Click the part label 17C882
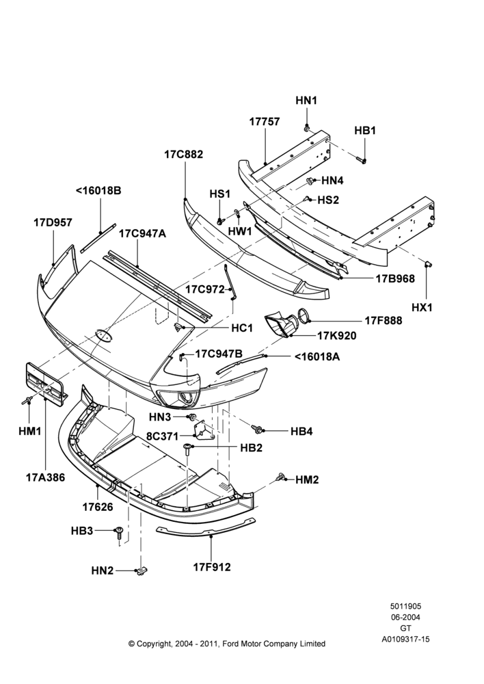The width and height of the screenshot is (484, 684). tap(184, 155)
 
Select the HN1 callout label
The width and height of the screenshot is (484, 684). tap(306, 101)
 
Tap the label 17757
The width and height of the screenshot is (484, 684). tap(265, 122)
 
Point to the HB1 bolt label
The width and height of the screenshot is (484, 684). tap(365, 131)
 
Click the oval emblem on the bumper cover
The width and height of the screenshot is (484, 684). tap(104, 334)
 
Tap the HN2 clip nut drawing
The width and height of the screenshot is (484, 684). tap(142, 570)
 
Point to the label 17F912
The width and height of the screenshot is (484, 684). tap(212, 567)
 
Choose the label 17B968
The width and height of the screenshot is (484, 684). tap(396, 278)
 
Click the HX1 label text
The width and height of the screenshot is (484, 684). tap(422, 307)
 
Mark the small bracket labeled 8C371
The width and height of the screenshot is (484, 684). tap(203, 429)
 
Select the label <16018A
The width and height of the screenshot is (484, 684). tap(317, 357)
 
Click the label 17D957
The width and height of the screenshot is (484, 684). tap(53, 222)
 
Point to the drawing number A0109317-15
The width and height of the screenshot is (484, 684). tap(406, 639)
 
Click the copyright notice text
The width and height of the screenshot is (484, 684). tap(227, 644)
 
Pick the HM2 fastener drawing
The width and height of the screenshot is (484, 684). tap(280, 477)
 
